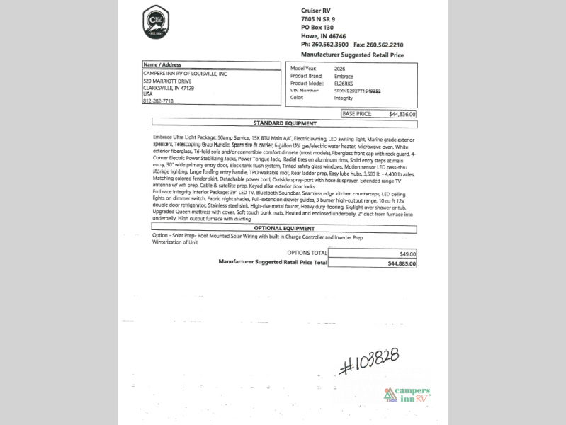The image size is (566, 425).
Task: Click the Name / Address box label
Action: point(162,64)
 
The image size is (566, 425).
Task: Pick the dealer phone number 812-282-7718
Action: point(158,101)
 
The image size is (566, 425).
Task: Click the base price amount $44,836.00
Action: point(402,113)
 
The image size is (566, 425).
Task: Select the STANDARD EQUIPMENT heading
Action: point(284,123)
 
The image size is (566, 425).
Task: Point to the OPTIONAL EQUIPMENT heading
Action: point(284,229)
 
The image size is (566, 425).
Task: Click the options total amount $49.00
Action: point(408,253)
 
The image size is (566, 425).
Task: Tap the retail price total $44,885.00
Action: point(402,263)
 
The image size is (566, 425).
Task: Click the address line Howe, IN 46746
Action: point(324,35)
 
